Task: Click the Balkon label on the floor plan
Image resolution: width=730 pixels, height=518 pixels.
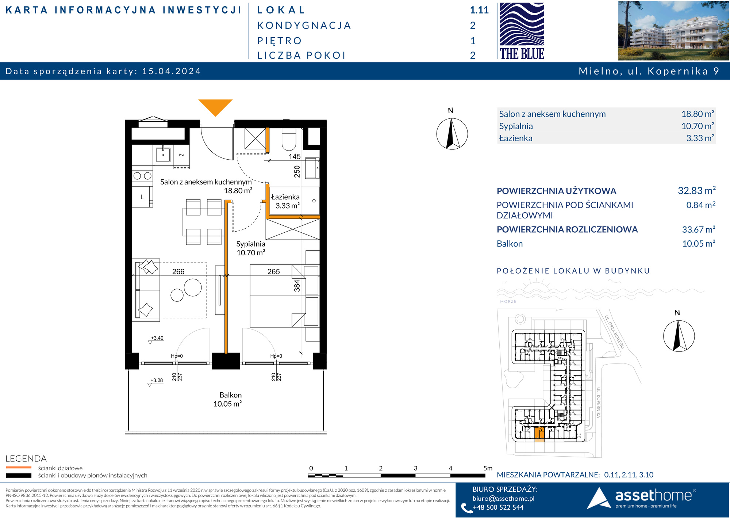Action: pos(230,395)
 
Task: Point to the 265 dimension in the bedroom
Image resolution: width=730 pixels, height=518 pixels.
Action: pos(273,271)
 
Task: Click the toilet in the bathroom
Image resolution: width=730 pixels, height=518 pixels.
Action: pos(289,140)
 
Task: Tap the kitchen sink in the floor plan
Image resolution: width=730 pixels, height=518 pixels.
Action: pos(163,155)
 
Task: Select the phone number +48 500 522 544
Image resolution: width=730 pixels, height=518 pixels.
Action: pos(498,507)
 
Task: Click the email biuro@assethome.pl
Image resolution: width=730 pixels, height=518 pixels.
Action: pos(503,498)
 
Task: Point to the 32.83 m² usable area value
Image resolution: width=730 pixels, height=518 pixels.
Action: pos(697,191)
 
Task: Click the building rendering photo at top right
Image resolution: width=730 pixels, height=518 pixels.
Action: pos(673,31)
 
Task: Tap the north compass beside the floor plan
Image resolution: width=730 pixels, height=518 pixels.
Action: pos(452,134)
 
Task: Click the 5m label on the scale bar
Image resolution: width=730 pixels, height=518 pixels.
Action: pos(488,468)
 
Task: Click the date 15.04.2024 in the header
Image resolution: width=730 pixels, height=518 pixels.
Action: pos(172,71)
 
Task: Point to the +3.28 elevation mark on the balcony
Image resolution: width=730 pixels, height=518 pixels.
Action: pos(157,380)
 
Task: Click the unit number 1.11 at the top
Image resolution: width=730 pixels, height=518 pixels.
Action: pos(479,10)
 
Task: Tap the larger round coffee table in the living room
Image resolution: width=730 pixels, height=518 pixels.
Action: pos(193,287)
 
